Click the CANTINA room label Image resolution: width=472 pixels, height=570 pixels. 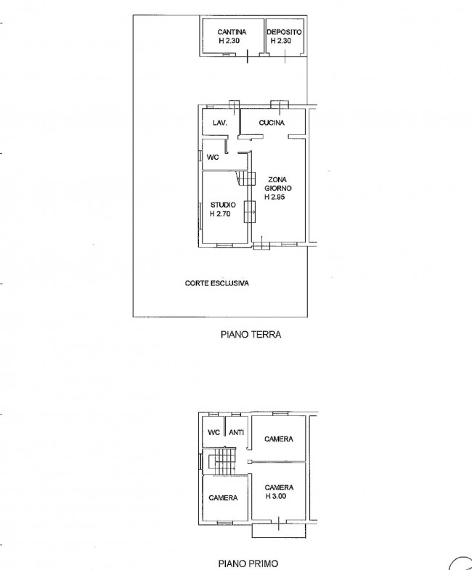232,32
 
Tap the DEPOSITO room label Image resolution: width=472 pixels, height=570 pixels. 284,32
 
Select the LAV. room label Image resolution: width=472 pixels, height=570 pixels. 220,123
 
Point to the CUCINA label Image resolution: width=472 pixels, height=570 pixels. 272,123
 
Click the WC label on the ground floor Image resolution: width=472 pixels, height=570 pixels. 213,158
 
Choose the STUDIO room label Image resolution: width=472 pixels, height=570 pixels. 223,205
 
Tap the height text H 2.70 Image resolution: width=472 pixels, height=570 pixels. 220,213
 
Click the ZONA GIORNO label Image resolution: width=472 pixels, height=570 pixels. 278,184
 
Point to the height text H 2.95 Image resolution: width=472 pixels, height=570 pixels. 274,197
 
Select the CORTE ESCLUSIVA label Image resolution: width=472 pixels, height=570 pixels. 216,283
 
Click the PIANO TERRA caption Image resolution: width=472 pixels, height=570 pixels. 251,335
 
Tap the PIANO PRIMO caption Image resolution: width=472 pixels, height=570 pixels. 248,563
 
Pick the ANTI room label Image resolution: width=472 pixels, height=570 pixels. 237,432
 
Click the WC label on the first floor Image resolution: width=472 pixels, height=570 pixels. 213,432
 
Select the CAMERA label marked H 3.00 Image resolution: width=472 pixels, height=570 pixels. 279,487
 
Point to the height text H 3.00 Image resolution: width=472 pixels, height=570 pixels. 276,496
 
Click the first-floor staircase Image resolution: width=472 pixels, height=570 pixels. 222,462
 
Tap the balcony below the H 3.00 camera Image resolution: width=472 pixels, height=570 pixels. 279,530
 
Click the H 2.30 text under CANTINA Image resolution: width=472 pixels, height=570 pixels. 229,41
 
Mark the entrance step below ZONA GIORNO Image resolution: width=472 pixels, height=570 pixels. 261,246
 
